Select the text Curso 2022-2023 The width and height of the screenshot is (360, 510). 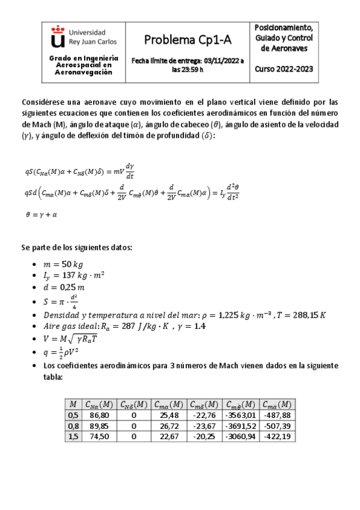coord(284,69)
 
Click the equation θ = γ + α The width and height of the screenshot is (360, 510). coord(41,214)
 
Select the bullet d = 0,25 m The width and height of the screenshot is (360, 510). coord(66,287)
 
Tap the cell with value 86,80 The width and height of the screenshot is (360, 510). coord(99,416)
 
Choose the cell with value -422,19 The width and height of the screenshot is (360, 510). coord(277,437)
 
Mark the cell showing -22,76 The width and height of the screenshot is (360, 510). coord(206,416)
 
